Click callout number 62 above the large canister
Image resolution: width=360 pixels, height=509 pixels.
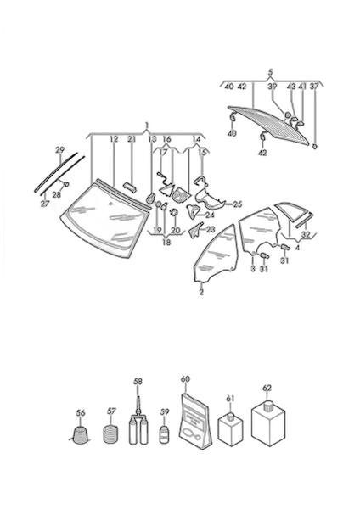(267, 388)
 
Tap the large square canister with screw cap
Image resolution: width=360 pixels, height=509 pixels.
(268, 426)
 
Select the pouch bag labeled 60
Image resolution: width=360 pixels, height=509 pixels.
(195, 422)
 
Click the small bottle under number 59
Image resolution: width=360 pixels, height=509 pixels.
(165, 435)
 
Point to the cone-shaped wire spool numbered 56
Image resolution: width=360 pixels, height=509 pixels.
(81, 436)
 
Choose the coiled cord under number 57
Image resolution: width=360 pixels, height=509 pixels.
(110, 434)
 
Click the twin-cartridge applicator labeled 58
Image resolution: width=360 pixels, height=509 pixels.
(138, 422)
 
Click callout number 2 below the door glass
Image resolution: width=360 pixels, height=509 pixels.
(201, 292)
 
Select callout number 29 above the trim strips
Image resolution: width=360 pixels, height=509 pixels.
(59, 150)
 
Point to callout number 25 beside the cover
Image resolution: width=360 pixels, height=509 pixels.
(238, 204)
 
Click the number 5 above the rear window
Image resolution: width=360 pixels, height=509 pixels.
(271, 72)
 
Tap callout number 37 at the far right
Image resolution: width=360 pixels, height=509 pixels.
(314, 87)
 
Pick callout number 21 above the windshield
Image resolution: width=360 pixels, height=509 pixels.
(132, 139)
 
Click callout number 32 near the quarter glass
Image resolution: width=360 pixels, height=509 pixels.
(306, 234)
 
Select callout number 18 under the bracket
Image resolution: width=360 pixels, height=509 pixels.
(166, 242)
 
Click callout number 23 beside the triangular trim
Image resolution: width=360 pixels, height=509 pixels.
(211, 230)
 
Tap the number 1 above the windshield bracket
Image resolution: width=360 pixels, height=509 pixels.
(147, 126)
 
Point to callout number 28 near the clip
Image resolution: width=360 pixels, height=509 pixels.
(56, 194)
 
